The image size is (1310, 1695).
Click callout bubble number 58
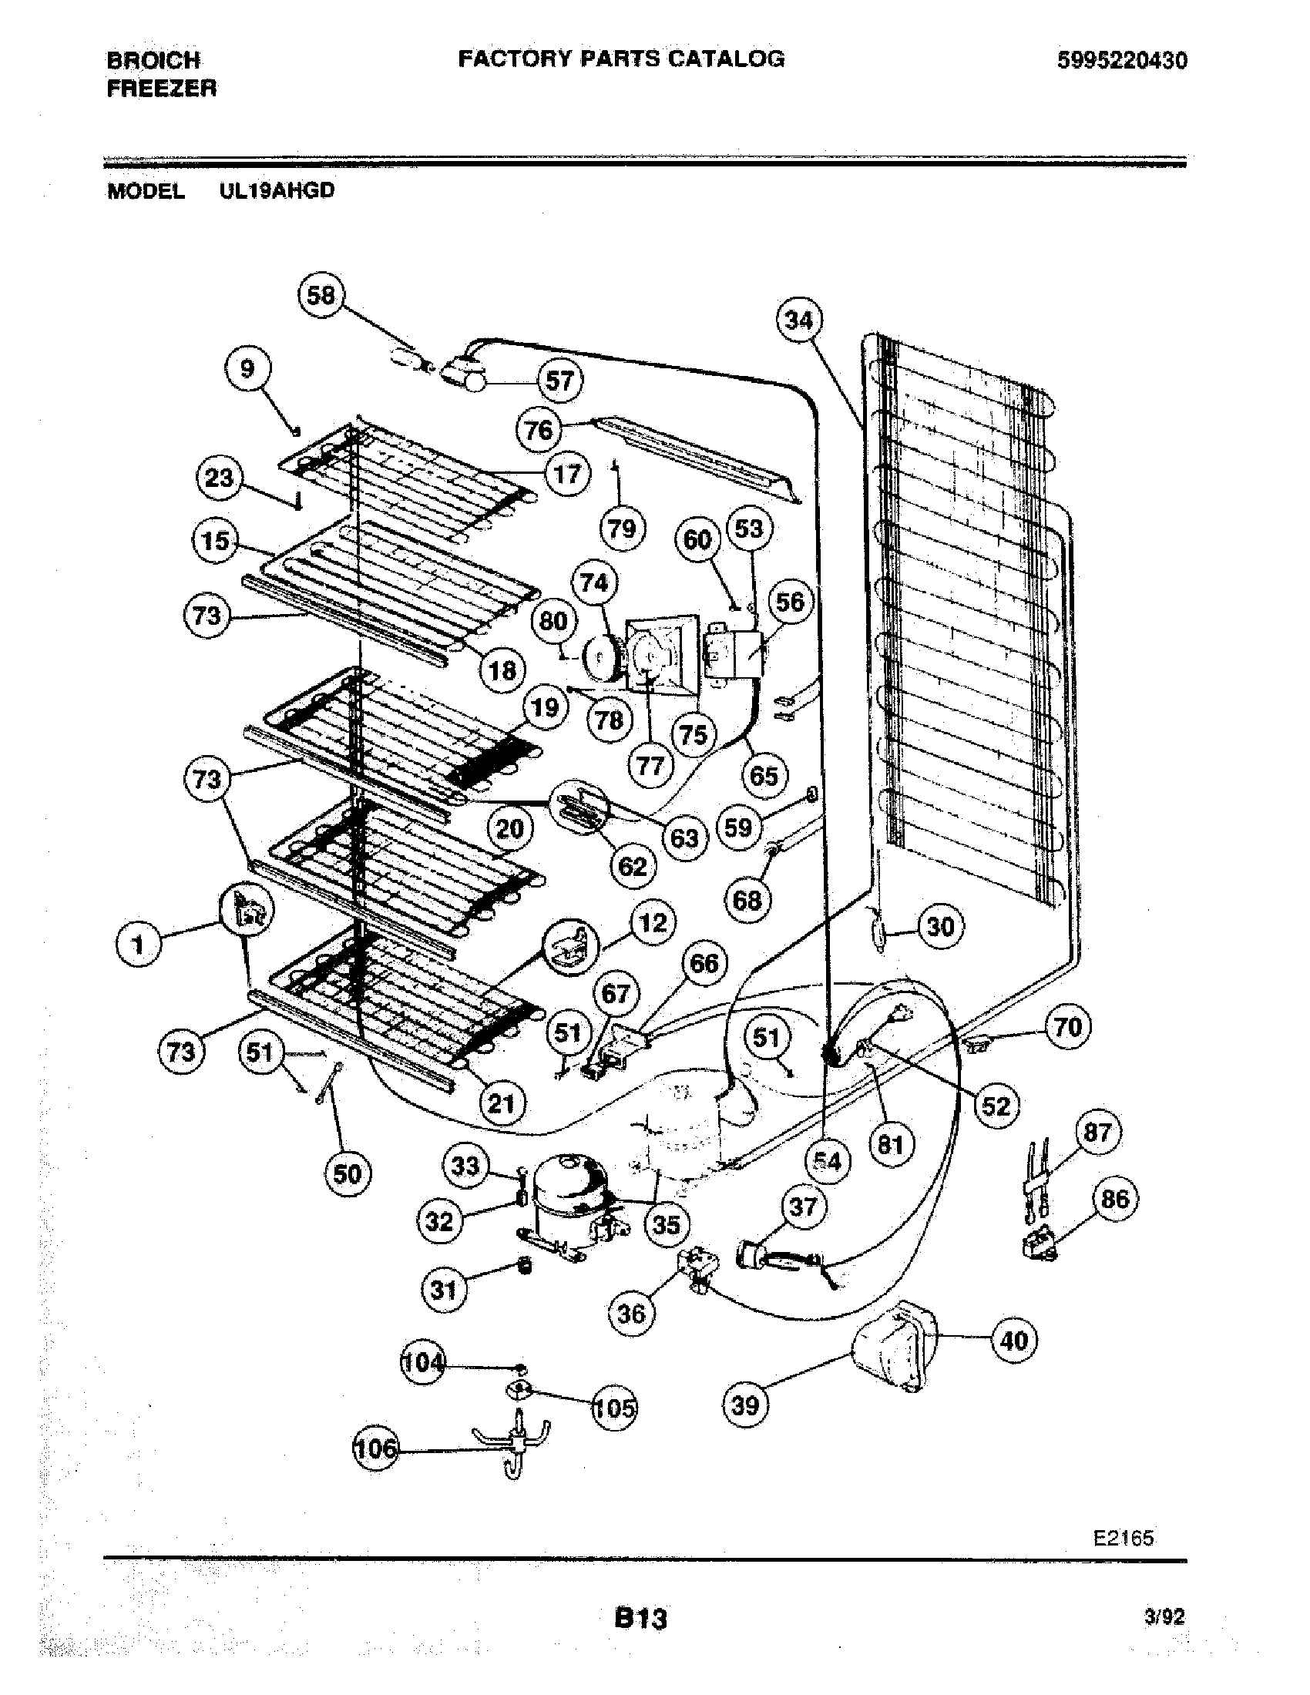click(321, 296)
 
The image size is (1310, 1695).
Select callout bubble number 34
click(798, 321)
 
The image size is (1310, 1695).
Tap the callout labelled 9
click(247, 368)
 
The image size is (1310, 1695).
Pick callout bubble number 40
click(1015, 1340)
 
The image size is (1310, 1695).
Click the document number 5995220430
click(1121, 61)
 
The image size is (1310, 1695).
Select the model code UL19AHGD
click(277, 191)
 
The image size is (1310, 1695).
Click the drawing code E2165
click(1124, 1538)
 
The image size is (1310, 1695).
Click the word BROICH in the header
click(153, 60)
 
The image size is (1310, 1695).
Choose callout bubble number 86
click(1114, 1198)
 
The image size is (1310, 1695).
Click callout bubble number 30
click(941, 926)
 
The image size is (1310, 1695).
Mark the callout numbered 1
click(138, 945)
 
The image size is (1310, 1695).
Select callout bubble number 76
click(539, 430)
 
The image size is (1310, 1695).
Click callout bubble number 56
click(790, 602)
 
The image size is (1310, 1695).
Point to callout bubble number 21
click(501, 1103)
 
